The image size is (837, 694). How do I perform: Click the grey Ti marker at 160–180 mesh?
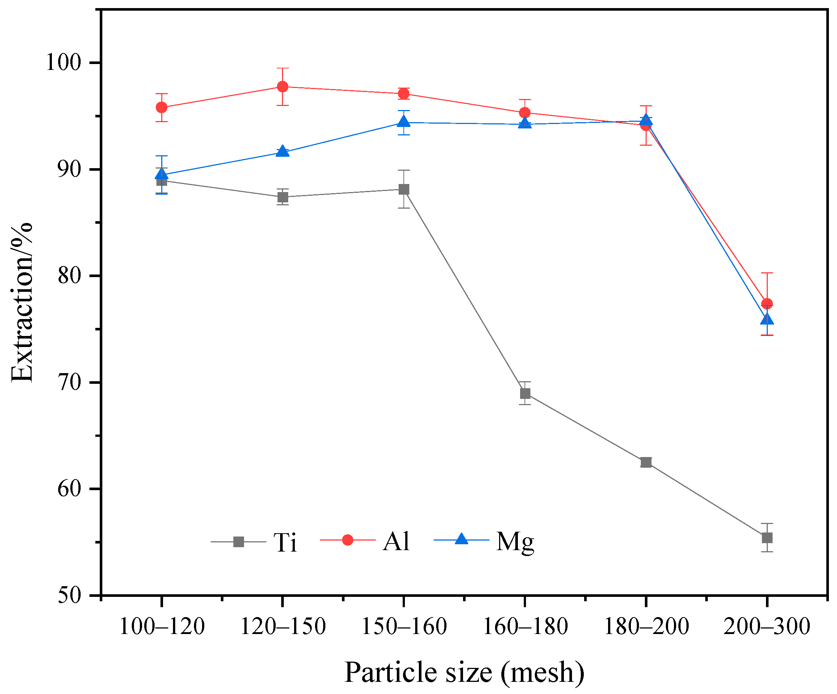[x=525, y=394]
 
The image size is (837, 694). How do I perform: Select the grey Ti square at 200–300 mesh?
[x=767, y=538]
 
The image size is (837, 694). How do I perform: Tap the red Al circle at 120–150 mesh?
[x=283, y=86]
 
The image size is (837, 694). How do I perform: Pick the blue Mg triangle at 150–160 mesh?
[x=404, y=121]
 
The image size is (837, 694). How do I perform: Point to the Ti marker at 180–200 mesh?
[x=646, y=462]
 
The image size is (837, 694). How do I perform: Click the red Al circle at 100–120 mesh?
[x=162, y=107]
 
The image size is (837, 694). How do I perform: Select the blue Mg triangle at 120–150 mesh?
[x=283, y=151]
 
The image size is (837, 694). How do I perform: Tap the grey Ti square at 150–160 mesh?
[x=404, y=189]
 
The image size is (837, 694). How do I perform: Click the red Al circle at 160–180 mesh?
[x=525, y=113]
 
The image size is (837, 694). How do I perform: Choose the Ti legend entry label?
[x=285, y=543]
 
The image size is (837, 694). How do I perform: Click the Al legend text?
[x=396, y=542]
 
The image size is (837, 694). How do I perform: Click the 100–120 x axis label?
[x=162, y=627]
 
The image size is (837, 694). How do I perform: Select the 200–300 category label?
[x=767, y=627]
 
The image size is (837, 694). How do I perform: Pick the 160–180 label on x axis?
[x=525, y=627]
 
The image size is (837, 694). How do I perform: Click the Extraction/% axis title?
[x=22, y=303]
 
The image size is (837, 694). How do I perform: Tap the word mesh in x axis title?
[x=543, y=673]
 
